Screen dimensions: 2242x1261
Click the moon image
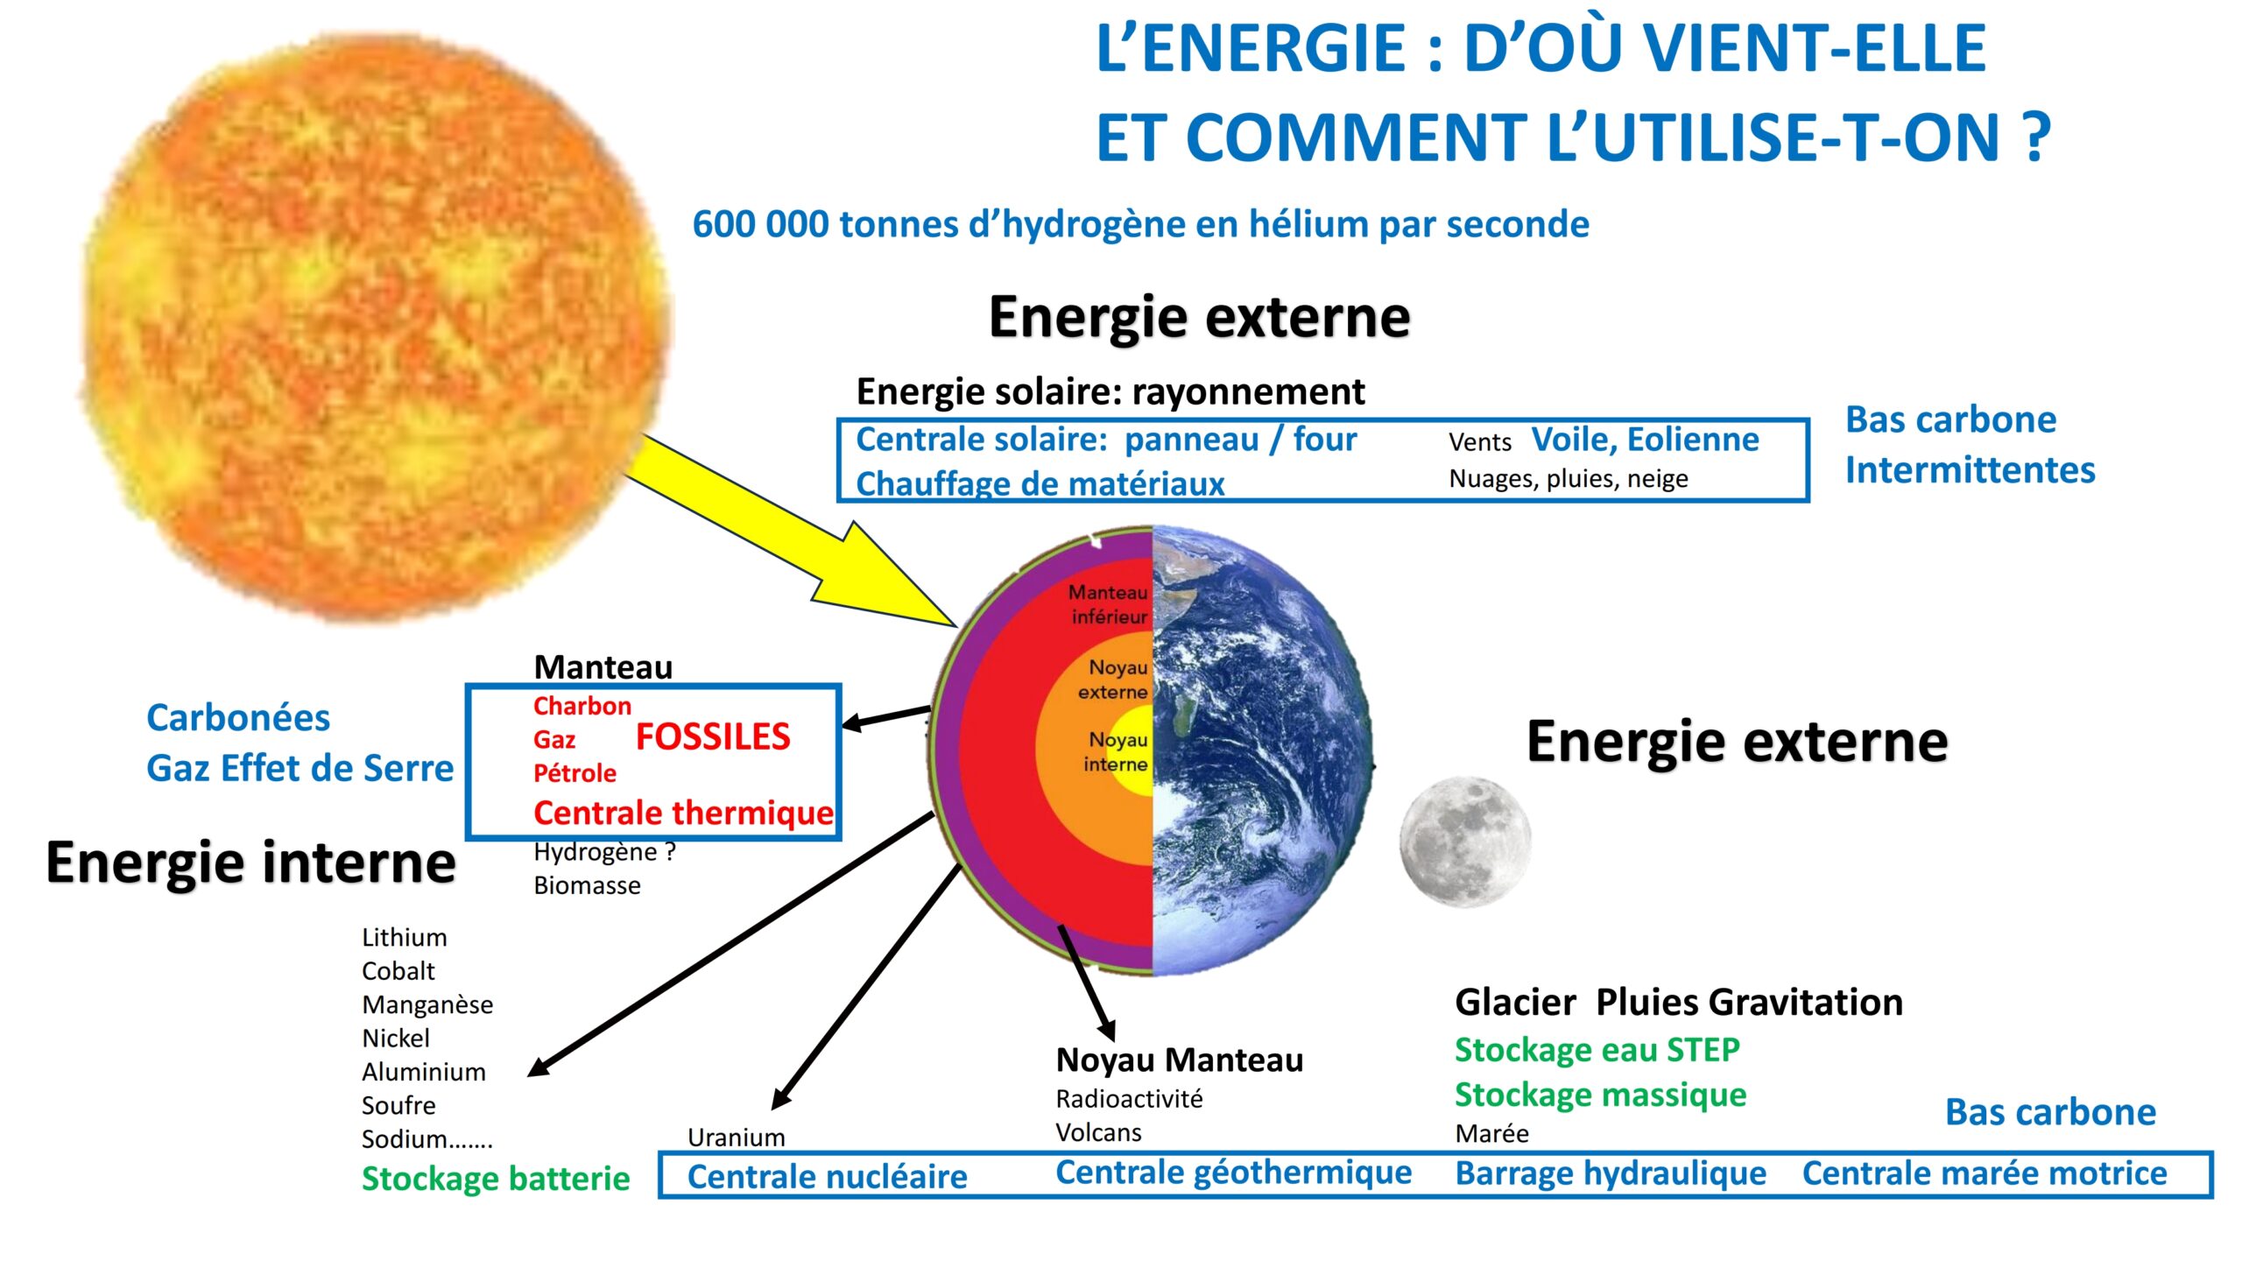click(x=1465, y=842)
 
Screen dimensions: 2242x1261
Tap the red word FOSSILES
click(x=713, y=737)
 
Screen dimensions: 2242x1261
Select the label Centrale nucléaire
click(x=828, y=1177)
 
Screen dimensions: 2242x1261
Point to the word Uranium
click(x=737, y=1138)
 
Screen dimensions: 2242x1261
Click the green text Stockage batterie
click(x=496, y=1179)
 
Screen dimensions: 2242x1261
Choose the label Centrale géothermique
click(x=1234, y=1173)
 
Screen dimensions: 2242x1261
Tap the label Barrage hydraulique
click(x=1611, y=1174)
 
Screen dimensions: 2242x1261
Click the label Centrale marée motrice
click(x=1985, y=1173)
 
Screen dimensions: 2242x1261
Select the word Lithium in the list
click(x=405, y=938)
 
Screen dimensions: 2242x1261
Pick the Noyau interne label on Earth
click(x=1117, y=751)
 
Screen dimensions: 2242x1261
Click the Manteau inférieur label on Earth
click(x=1109, y=604)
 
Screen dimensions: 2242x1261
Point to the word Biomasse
click(x=587, y=885)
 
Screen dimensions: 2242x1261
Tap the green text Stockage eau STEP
click(x=1597, y=1049)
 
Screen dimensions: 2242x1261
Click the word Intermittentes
click(x=1971, y=470)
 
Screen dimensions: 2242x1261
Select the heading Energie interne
click(x=251, y=863)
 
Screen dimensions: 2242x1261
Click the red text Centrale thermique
click(x=684, y=814)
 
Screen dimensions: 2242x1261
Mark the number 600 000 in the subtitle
click(x=760, y=224)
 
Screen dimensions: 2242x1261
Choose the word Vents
click(x=1480, y=442)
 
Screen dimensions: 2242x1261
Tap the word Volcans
click(x=1098, y=1133)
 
